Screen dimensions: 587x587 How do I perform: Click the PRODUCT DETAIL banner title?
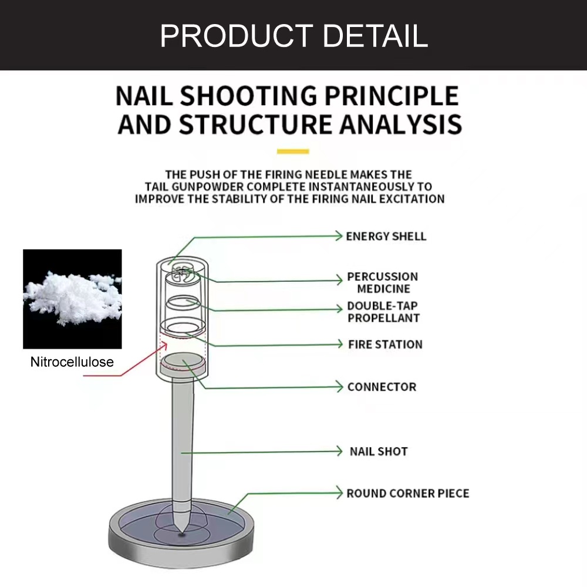294,36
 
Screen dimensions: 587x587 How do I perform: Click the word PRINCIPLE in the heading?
392,96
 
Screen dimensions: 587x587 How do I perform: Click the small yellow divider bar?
293,151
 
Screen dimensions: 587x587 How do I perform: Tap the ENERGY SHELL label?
386,236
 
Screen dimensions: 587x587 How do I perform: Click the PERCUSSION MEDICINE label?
383,283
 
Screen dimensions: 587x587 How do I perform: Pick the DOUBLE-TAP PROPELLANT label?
383,312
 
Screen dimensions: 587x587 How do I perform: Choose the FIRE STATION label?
385,344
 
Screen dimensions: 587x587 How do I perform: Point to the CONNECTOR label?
382,387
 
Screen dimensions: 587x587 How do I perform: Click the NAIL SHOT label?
379,451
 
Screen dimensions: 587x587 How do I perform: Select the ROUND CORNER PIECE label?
408,493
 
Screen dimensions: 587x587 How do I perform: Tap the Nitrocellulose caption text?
72,362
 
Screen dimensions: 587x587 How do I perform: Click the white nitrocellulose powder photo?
72,299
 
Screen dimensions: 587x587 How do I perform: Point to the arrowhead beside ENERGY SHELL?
339,235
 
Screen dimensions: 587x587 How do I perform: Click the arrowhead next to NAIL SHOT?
339,451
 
